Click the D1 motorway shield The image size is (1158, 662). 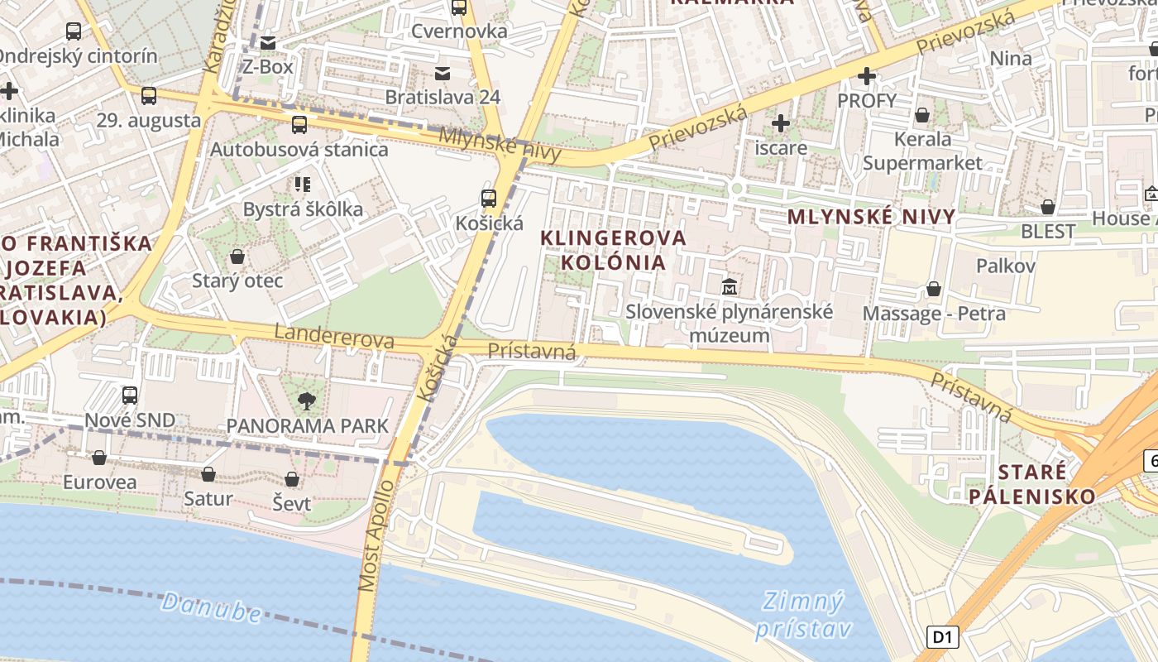pyautogui.click(x=943, y=637)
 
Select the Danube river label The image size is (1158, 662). pyautogui.click(x=212, y=607)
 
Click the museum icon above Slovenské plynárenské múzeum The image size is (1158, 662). pyautogui.click(x=730, y=287)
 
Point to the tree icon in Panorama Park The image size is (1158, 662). pyautogui.click(x=307, y=401)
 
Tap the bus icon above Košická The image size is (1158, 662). pyautogui.click(x=489, y=199)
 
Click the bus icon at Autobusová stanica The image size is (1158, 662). pyautogui.click(x=299, y=125)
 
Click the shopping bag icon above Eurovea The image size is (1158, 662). pyautogui.click(x=99, y=458)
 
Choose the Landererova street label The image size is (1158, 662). pyautogui.click(x=334, y=338)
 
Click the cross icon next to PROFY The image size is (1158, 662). pyautogui.click(x=866, y=77)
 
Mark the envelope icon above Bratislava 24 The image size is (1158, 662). pyautogui.click(x=443, y=73)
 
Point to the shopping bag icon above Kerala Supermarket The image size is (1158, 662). pyautogui.click(x=922, y=115)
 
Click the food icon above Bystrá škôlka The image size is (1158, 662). pyautogui.click(x=302, y=185)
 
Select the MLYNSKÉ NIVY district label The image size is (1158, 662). pyautogui.click(x=871, y=218)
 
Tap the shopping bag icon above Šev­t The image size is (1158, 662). pyautogui.click(x=291, y=479)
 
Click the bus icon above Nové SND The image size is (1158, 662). pyautogui.click(x=130, y=396)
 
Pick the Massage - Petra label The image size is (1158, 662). pyautogui.click(x=934, y=314)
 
